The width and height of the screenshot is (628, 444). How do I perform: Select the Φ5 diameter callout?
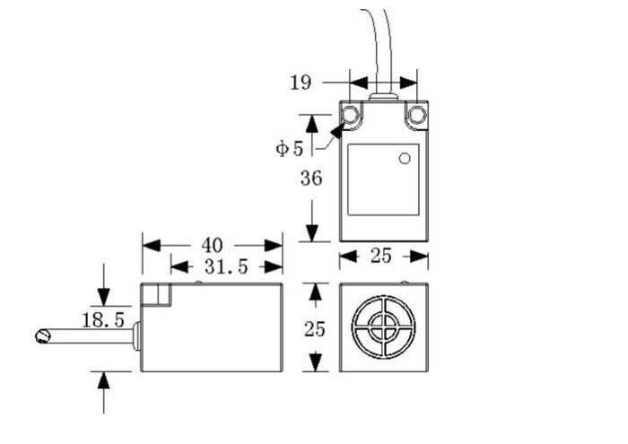(290, 148)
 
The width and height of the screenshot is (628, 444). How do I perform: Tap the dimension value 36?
(311, 178)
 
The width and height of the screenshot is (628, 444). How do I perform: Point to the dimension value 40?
(212, 245)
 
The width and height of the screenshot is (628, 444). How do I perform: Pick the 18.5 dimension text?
(102, 320)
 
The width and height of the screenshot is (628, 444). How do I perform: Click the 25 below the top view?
(381, 257)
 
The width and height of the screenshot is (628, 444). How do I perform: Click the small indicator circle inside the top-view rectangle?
(404, 159)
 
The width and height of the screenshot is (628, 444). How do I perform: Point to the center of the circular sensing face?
(384, 328)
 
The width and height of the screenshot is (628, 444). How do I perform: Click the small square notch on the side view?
(161, 293)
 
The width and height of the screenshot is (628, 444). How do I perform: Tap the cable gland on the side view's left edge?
(136, 336)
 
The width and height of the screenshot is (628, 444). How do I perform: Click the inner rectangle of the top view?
(383, 178)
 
